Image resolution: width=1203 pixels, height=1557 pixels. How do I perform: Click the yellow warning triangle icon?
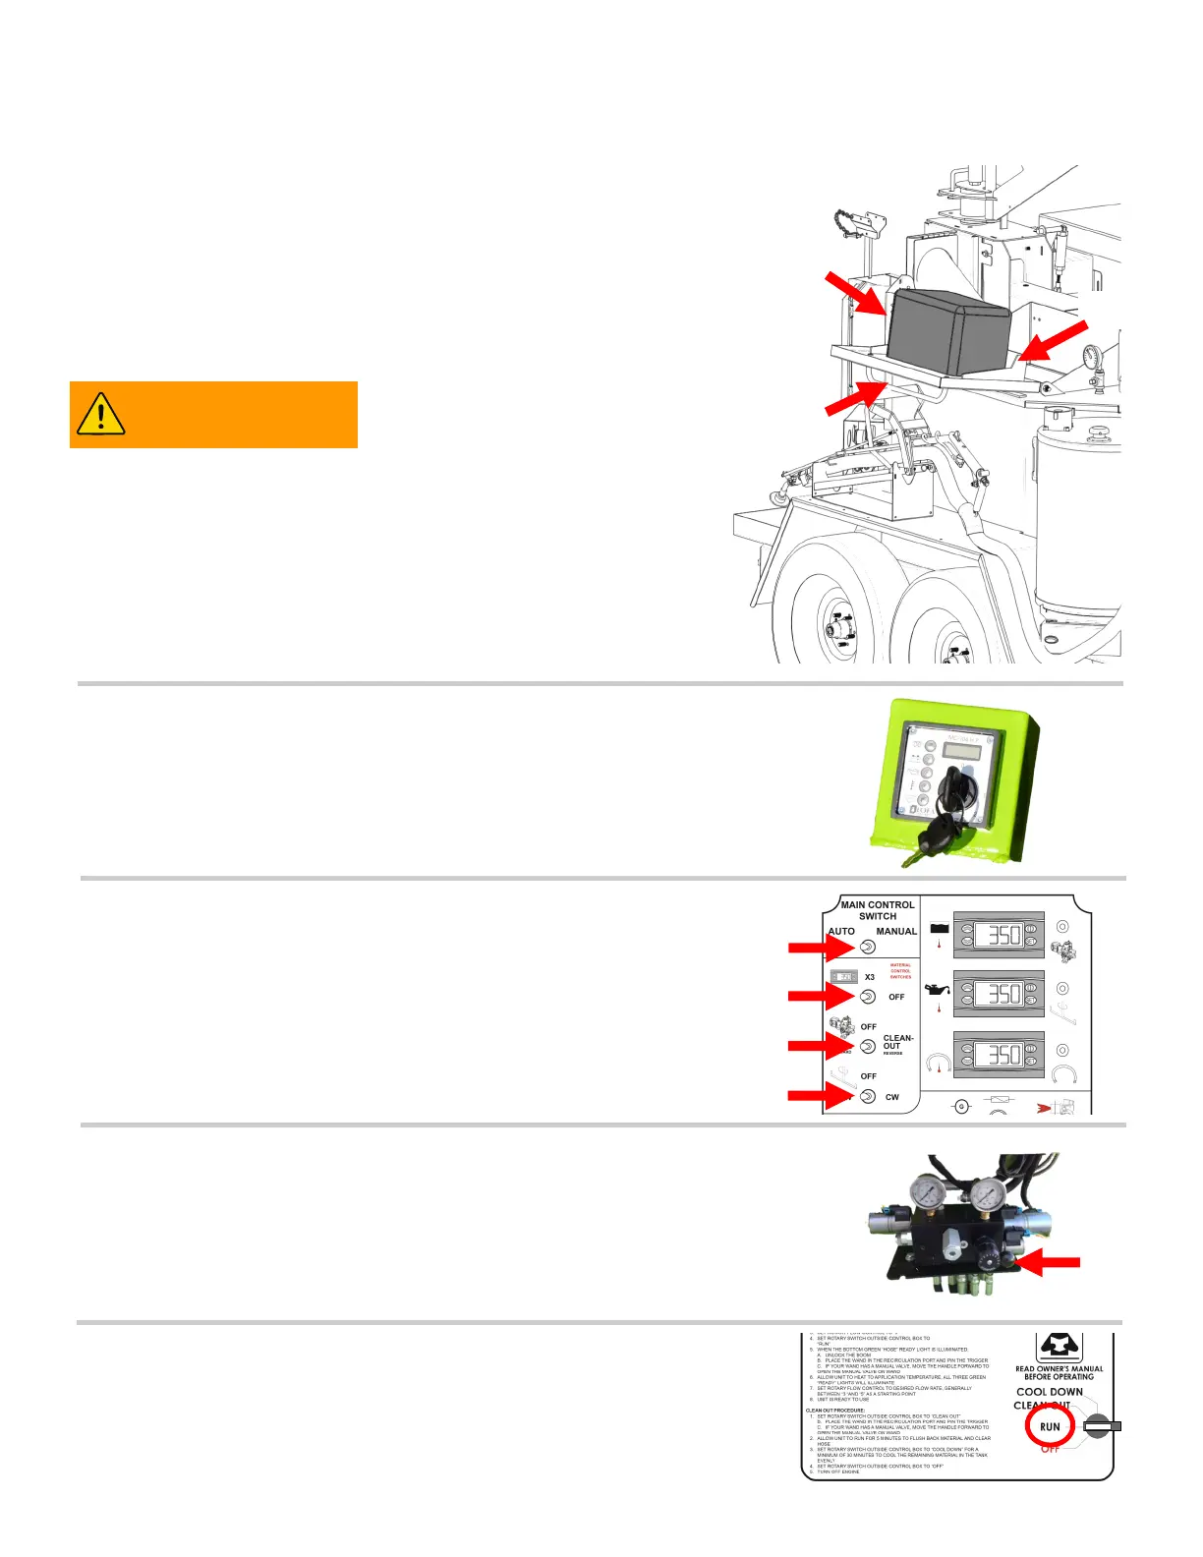100,414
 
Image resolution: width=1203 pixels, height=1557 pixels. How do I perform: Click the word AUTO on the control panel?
841,931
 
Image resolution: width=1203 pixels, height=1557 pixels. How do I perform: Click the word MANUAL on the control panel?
896,931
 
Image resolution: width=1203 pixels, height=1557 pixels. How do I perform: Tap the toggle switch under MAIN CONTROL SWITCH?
868,947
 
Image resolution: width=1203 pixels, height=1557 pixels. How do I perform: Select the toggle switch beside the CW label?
868,1096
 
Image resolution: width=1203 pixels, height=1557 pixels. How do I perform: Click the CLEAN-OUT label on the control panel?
898,1042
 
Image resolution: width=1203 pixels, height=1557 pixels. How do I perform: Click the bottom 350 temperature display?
999,1055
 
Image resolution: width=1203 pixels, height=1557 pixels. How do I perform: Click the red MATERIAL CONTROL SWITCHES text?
900,971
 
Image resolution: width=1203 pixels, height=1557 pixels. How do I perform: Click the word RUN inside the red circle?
1050,1426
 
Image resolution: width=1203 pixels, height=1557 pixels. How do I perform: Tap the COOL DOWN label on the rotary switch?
1050,1392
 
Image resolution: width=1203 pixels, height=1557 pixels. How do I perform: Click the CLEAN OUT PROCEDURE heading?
835,1410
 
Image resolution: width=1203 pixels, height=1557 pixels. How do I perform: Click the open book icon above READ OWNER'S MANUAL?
1059,1347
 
